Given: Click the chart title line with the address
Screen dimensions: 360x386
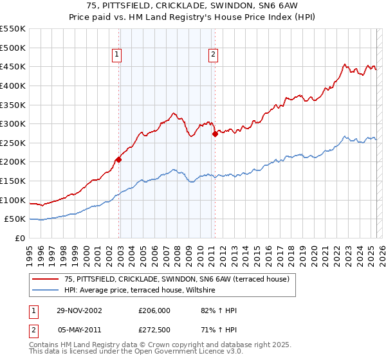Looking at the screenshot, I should coord(193,6).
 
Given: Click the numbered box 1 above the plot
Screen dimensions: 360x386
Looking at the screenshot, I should coord(117,55).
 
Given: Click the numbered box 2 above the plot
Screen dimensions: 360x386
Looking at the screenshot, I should coord(212,55).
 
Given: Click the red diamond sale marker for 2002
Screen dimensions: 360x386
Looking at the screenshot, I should coord(119,159).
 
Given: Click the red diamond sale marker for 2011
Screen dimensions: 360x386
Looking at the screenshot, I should coord(215,134).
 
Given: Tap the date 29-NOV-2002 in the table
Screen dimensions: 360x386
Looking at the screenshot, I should coord(79,311).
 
